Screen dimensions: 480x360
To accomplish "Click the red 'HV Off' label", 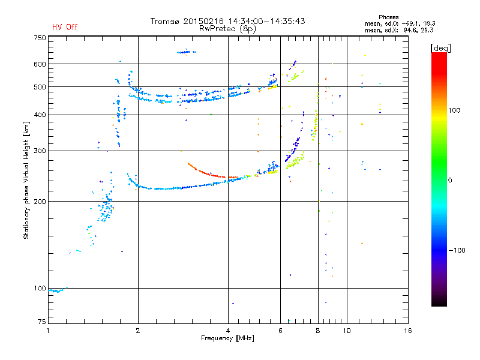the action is tap(65, 27).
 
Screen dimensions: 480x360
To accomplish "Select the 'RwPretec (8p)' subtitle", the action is tap(227, 29).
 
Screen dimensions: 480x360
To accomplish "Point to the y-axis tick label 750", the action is tap(40, 38).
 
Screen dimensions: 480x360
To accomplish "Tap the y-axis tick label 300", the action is tap(40, 151).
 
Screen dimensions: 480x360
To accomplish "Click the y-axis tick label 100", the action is tap(40, 288).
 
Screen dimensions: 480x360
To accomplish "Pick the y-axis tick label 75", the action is tap(41, 322).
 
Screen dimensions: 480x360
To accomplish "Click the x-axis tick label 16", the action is tap(408, 331).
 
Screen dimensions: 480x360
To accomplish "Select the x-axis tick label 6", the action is tap(280, 331).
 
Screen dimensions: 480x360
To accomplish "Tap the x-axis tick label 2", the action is tap(138, 331).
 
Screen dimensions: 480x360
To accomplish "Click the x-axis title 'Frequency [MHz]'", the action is tap(227, 338).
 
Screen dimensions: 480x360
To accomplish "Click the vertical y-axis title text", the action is tap(26, 181).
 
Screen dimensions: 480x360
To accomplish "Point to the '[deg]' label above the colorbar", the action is tap(440, 48).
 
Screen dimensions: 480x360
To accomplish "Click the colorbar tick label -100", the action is tap(457, 250).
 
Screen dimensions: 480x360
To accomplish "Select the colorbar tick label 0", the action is tap(450, 180).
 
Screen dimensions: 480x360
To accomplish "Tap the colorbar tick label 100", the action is tap(454, 110).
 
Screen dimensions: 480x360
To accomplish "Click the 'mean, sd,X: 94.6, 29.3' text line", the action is tap(399, 31).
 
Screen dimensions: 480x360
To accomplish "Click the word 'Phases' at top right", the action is tap(388, 17).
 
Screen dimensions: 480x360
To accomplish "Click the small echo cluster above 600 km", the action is tap(186, 52).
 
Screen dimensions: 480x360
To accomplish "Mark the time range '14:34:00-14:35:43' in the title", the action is tap(266, 21).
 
